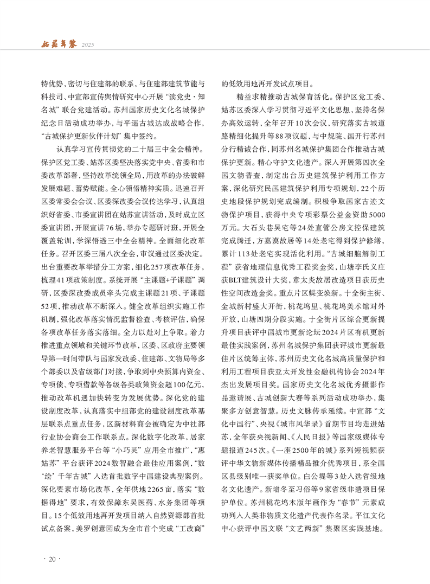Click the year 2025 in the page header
[89, 44]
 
